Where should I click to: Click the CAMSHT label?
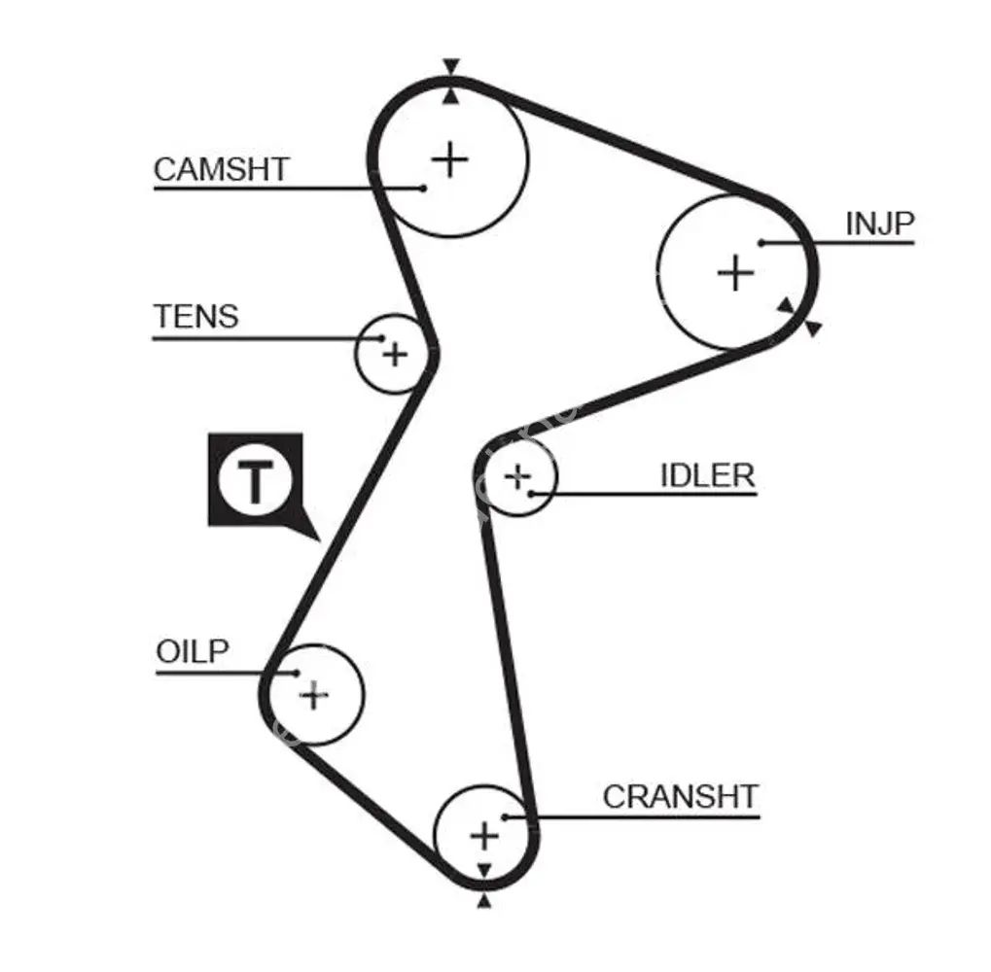click(221, 169)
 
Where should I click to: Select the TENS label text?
click(195, 317)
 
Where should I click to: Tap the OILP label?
click(193, 651)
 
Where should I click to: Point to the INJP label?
click(880, 224)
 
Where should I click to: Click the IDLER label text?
click(707, 475)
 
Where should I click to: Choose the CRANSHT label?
click(680, 796)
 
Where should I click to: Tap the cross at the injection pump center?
click(735, 272)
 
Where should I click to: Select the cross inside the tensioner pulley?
click(394, 353)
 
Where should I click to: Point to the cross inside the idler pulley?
click(518, 476)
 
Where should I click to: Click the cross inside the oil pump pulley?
click(313, 694)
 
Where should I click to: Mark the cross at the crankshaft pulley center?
click(483, 835)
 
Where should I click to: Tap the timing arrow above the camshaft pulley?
click(449, 67)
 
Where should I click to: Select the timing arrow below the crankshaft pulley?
click(483, 901)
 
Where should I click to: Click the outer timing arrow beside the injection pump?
click(814, 330)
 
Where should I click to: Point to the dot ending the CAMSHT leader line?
click(423, 188)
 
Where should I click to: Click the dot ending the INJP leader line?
click(762, 242)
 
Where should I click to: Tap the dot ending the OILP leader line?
click(295, 673)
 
